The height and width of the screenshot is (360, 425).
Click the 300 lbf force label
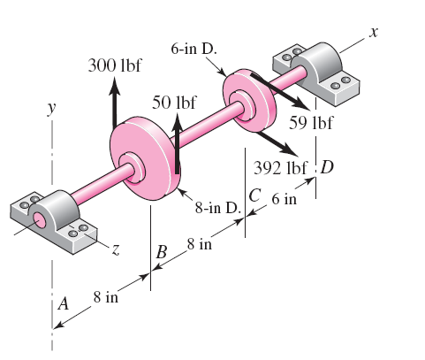click(x=115, y=65)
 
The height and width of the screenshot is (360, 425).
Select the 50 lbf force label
click(x=174, y=103)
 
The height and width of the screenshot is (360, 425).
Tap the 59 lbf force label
click(x=311, y=122)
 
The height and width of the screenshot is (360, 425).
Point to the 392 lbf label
click(x=280, y=168)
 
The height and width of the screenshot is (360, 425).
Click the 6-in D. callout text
click(x=194, y=49)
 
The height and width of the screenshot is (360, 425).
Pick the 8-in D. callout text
click(x=218, y=208)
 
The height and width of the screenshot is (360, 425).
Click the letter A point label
click(x=64, y=303)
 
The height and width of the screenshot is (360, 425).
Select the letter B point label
click(x=162, y=252)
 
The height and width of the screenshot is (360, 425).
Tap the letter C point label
click(x=254, y=195)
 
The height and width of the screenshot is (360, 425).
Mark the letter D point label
click(x=327, y=167)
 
